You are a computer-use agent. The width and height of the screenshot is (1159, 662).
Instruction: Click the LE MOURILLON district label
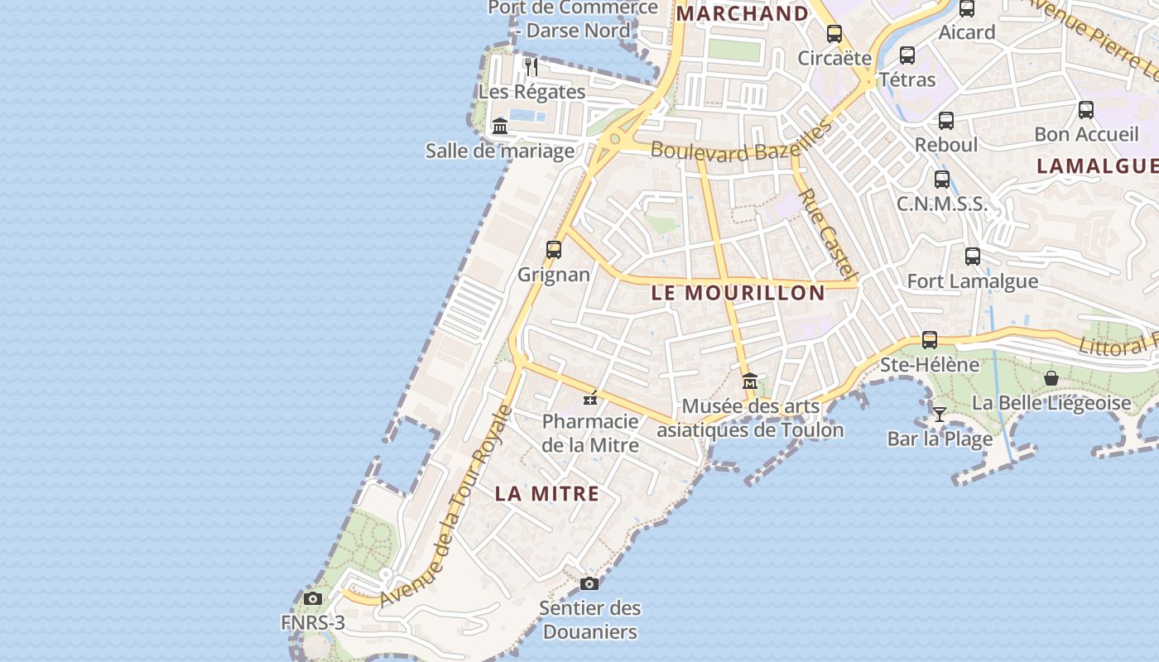pos(738,293)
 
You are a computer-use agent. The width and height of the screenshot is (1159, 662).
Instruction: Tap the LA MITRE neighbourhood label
pos(546,494)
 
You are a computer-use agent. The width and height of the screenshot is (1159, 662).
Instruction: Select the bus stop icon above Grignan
pos(554,249)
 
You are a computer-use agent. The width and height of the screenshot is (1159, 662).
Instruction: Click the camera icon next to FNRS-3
pos(313,598)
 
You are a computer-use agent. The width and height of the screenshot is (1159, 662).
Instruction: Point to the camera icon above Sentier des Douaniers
pos(589,583)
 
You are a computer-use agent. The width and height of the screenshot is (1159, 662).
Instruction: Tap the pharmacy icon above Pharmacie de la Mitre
pos(590,398)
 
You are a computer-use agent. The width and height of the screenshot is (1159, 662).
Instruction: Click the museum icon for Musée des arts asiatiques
pos(750,381)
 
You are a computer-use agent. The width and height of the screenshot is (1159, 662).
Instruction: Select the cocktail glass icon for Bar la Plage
pos(939,415)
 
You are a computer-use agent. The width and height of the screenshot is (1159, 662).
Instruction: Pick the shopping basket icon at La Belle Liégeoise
pos(1051,378)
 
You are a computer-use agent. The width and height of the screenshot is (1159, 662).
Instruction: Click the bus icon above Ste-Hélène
pos(930,340)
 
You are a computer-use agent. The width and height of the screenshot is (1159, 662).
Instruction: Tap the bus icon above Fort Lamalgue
pos(973,257)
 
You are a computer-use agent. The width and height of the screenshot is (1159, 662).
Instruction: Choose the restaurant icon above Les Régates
pos(531,66)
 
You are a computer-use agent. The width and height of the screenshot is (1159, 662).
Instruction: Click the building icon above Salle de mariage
pos(500,126)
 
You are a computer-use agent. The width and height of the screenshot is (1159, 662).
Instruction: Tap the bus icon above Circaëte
pos(834,34)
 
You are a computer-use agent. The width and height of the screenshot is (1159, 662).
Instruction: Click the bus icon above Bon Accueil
pos(1086,109)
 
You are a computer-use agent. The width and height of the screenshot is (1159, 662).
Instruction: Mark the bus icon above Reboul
pos(946,120)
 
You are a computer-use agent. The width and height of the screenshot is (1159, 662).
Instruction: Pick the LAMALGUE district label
pos(1096,165)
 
